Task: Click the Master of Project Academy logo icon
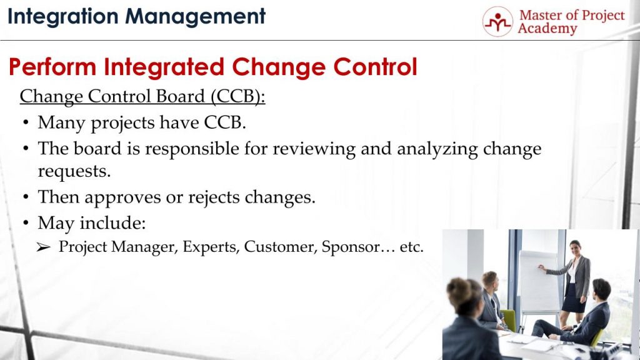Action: (497, 22)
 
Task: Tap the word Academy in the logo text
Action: (547, 29)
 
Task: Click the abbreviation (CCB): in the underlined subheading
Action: (237, 97)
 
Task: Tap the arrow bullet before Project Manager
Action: (43, 247)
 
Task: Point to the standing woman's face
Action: (574, 247)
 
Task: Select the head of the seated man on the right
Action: (601, 289)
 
